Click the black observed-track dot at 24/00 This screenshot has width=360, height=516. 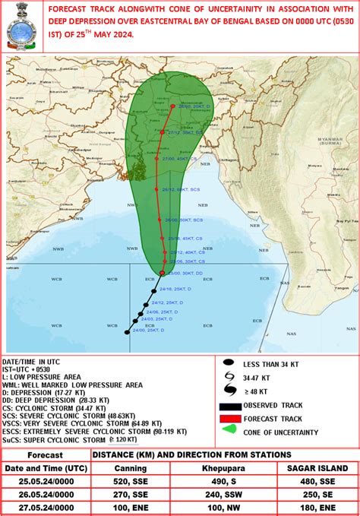point(127,332)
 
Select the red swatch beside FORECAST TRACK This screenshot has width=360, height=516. point(230,418)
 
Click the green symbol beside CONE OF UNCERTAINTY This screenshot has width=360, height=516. point(229,432)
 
